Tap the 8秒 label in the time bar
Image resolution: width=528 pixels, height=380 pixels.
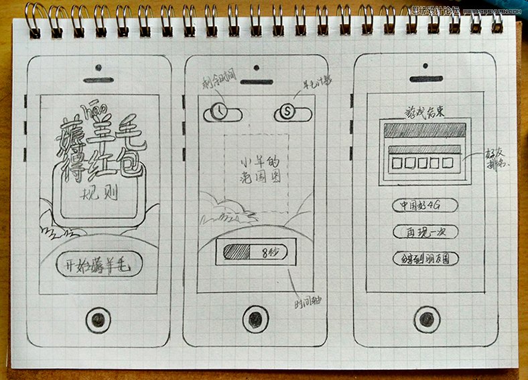pyautogui.click(x=269, y=252)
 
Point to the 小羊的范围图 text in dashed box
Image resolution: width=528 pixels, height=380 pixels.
pyautogui.click(x=256, y=170)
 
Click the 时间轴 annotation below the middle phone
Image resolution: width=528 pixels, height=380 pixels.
pyautogui.click(x=308, y=301)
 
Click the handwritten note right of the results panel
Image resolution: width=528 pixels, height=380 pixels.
pyautogui.click(x=496, y=158)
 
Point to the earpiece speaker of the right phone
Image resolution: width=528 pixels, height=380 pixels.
pyautogui.click(x=425, y=79)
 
